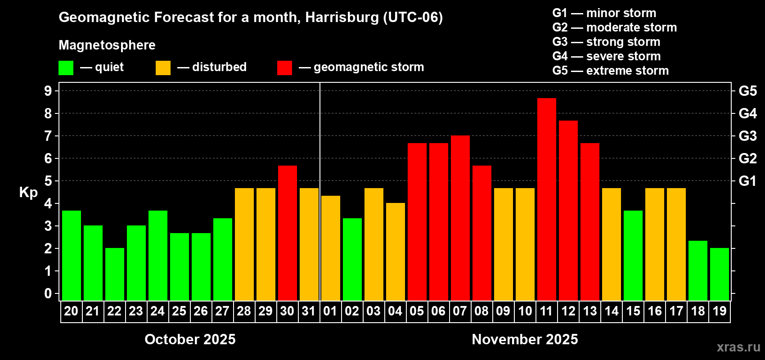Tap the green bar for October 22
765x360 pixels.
pyautogui.click(x=114, y=274)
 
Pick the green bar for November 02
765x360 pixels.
pyautogui.click(x=352, y=260)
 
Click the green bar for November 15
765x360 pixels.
pyautogui.click(x=633, y=256)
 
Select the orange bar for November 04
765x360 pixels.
pyautogui.click(x=395, y=252)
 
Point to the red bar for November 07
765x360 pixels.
pyautogui.click(x=460, y=218)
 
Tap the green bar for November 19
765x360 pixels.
pyautogui.click(x=719, y=274)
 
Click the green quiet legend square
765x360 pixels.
pyautogui.click(x=66, y=68)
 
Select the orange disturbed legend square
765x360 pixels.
pyautogui.click(x=163, y=68)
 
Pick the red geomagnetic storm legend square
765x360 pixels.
pyautogui.click(x=284, y=68)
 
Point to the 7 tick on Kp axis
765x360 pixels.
pyautogui.click(x=48, y=136)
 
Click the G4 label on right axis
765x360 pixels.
pyautogui.click(x=747, y=113)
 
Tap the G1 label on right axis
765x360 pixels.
pyautogui.click(x=747, y=181)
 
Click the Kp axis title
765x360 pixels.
pyautogui.click(x=28, y=192)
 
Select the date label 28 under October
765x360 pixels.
pyautogui.click(x=244, y=311)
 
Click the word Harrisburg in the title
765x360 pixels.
pyautogui.click(x=342, y=17)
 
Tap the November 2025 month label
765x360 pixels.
pyautogui.click(x=525, y=339)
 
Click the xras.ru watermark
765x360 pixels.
pyautogui.click(x=738, y=347)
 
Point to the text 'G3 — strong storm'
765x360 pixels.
pyautogui.click(x=606, y=42)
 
